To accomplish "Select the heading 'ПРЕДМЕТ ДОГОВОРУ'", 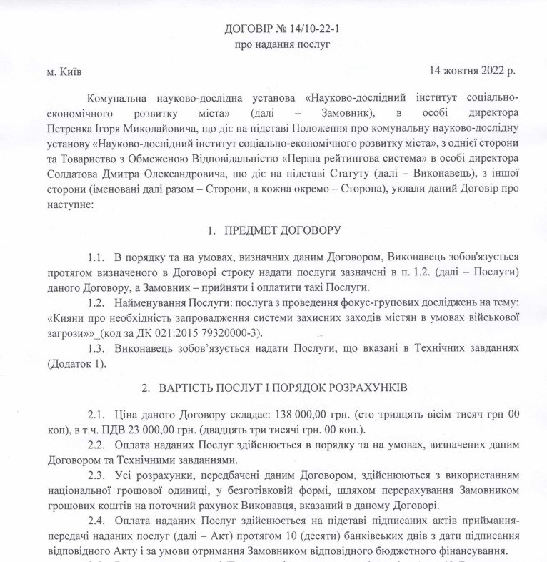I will (x=283, y=230).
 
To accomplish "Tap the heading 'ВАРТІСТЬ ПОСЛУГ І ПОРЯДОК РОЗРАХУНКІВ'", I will (x=284, y=388).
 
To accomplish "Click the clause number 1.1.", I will (x=97, y=256).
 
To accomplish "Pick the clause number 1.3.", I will (x=97, y=348).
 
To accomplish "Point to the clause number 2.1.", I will (x=97, y=415).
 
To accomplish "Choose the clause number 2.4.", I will (x=97, y=520).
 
